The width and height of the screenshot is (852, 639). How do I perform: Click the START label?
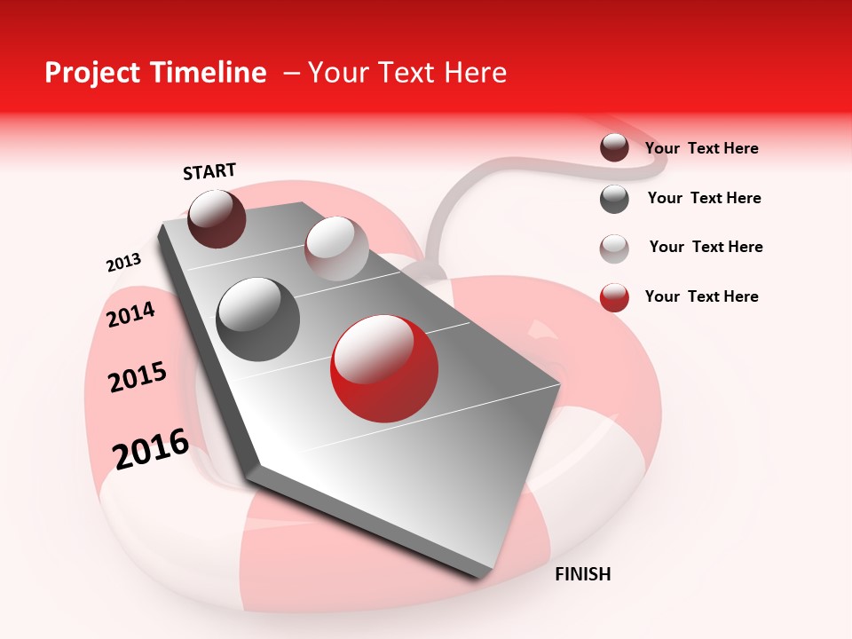point(209,171)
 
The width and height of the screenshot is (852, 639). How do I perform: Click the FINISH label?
point(582,574)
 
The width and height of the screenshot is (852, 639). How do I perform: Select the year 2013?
point(123,263)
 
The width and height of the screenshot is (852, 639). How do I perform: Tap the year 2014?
point(131,314)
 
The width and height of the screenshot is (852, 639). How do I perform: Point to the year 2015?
point(138,377)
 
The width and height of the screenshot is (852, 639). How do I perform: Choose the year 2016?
point(151,449)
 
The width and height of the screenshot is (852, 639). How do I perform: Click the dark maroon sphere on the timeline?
point(217,218)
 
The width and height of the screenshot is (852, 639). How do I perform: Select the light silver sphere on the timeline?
point(336,248)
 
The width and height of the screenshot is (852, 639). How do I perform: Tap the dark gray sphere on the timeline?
point(258,319)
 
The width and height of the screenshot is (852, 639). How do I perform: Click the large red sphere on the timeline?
point(384,368)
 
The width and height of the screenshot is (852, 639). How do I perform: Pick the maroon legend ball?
point(614,147)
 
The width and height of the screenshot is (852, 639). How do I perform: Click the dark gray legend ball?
point(614,199)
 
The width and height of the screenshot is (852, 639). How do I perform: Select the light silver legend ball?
point(614,248)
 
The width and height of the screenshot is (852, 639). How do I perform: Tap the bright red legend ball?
point(614,297)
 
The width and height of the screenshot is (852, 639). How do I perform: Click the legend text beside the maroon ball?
point(701,148)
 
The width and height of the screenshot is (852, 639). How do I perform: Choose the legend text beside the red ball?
point(701,296)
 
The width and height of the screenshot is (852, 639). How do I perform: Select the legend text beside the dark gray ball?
point(704,198)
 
